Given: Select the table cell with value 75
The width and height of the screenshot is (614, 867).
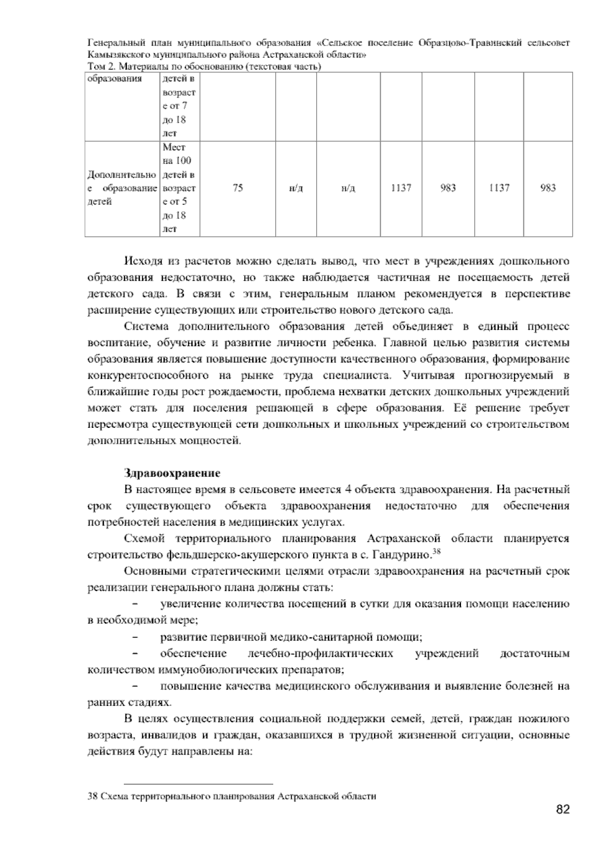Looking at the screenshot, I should [237, 188].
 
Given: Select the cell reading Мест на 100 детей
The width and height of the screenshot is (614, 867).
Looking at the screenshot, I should [179, 188].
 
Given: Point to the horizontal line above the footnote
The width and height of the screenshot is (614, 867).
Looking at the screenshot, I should [199, 784].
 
